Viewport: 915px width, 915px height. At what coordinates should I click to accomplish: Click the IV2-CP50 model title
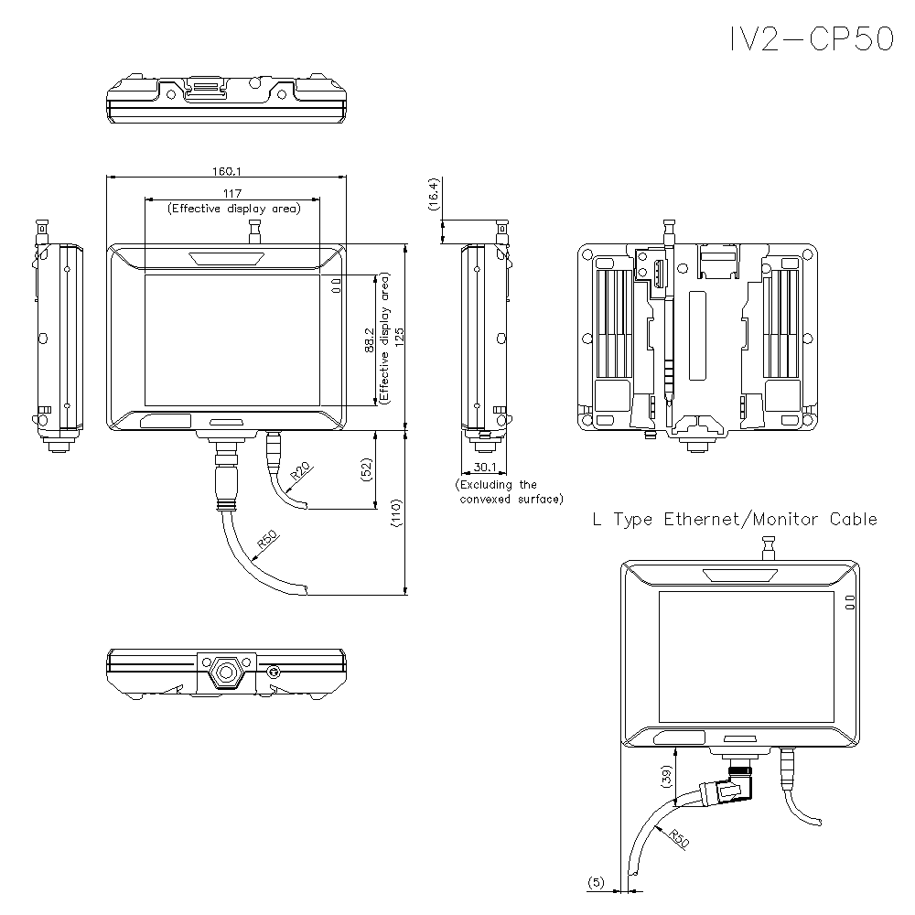pyautogui.click(x=810, y=38)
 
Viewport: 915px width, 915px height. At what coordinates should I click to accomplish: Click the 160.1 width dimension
pyautogui.click(x=226, y=170)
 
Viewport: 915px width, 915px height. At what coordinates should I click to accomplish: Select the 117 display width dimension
pyautogui.click(x=231, y=193)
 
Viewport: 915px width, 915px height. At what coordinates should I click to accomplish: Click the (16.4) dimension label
pyautogui.click(x=434, y=194)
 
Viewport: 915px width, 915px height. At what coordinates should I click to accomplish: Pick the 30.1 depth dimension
pyautogui.click(x=484, y=467)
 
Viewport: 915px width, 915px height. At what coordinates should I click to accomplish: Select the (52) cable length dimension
pyautogui.click(x=367, y=470)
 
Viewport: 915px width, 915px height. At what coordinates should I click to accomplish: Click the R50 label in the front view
pyautogui.click(x=267, y=541)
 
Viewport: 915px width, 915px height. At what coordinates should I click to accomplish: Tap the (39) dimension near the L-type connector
pyautogui.click(x=666, y=778)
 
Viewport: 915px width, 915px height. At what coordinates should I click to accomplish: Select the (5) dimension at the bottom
pyautogui.click(x=596, y=882)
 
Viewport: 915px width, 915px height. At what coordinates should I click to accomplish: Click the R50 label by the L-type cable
pyautogui.click(x=678, y=837)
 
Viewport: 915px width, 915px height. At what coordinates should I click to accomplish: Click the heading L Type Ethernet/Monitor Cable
pyautogui.click(x=735, y=519)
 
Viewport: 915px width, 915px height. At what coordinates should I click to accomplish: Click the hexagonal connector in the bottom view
pyautogui.click(x=224, y=673)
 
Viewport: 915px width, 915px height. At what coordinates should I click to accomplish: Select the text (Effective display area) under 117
pyautogui.click(x=232, y=209)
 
